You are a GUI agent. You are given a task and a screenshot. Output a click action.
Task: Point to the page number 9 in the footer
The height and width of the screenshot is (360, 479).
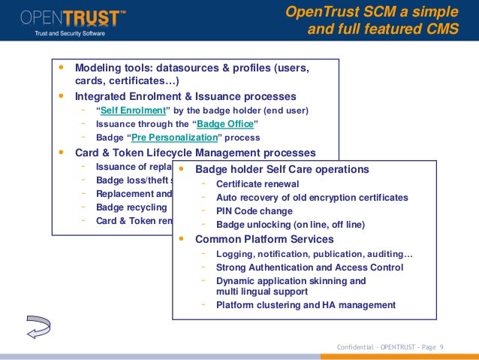441,346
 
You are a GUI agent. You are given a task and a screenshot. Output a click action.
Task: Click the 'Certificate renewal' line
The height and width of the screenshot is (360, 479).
258,184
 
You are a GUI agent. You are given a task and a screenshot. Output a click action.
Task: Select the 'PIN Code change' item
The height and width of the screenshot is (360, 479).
254,211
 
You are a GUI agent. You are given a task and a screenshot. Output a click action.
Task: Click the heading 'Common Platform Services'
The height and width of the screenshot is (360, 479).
264,239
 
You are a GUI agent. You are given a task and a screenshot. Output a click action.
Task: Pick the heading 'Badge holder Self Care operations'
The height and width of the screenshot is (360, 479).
282,169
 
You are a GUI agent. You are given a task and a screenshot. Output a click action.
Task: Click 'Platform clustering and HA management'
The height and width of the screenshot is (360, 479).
306,305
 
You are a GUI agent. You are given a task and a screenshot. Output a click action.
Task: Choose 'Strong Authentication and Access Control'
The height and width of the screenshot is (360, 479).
309,268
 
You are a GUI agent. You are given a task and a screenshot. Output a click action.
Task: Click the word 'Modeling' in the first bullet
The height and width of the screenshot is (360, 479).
98,68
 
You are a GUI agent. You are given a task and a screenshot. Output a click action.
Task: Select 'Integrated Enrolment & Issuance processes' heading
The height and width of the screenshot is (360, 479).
185,96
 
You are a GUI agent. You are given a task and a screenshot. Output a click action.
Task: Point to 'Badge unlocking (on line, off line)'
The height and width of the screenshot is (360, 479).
291,225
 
